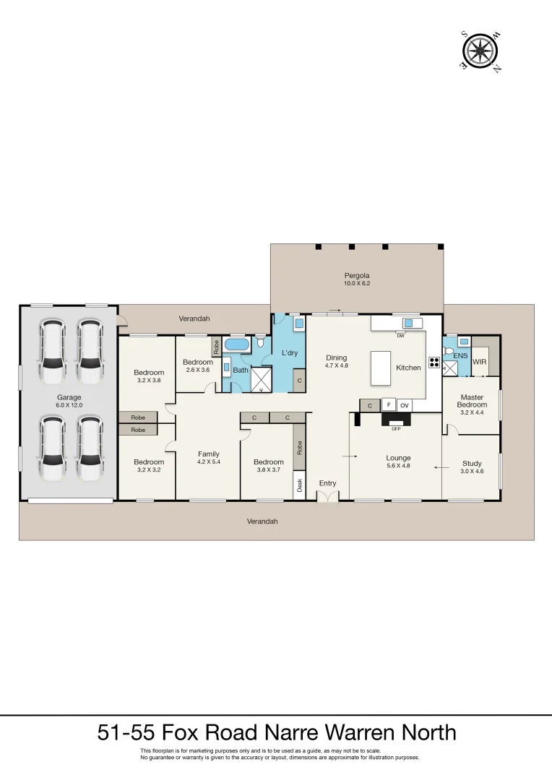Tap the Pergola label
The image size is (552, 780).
(356, 275)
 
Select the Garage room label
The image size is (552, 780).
(69, 397)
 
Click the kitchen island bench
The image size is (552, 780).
(381, 368)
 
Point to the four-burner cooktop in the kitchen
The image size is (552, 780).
(434, 363)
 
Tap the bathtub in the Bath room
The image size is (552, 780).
(236, 344)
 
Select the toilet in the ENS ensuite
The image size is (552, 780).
(449, 351)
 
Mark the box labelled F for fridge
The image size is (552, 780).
(388, 405)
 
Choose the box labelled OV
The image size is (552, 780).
(405, 405)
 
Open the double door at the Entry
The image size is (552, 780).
(327, 497)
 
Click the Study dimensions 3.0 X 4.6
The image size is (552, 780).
(472, 471)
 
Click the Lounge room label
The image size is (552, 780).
(398, 458)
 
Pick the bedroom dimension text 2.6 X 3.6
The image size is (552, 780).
(197, 369)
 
